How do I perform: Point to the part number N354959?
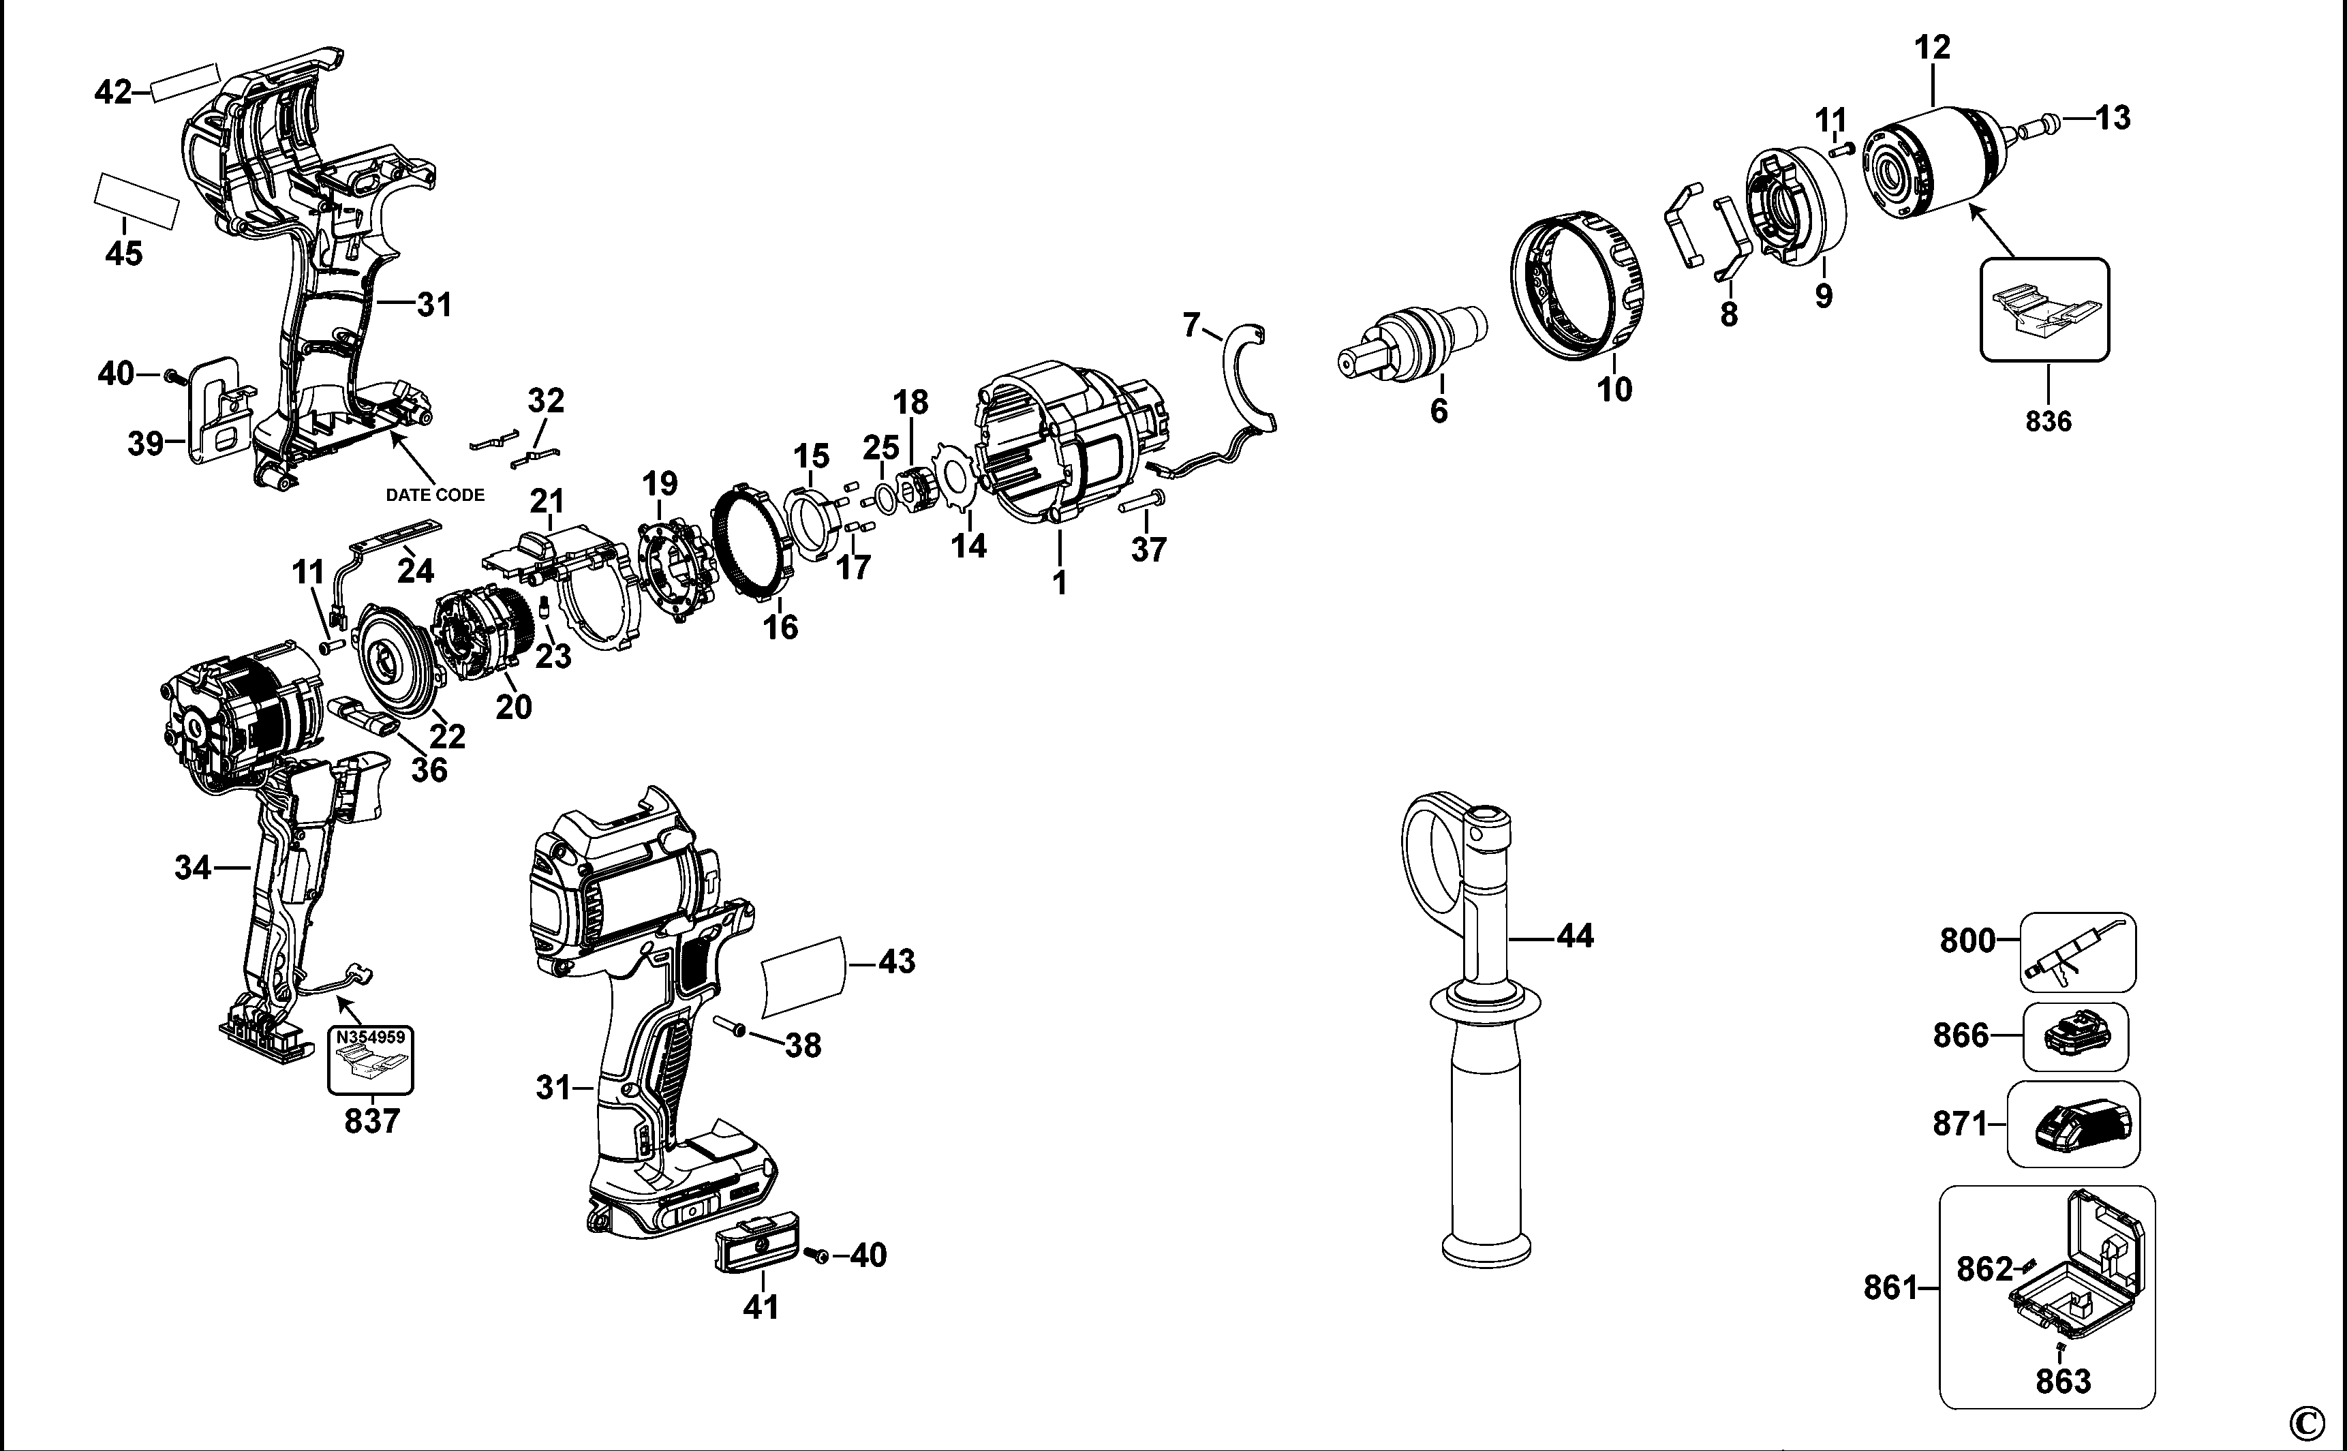tap(370, 1037)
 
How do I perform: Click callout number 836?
tap(2048, 421)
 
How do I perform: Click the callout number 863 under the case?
tap(2063, 1382)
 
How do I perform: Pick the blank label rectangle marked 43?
tap(804, 977)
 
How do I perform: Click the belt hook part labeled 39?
tap(219, 412)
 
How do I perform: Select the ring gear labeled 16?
tap(758, 543)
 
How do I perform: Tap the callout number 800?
tap(1966, 941)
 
